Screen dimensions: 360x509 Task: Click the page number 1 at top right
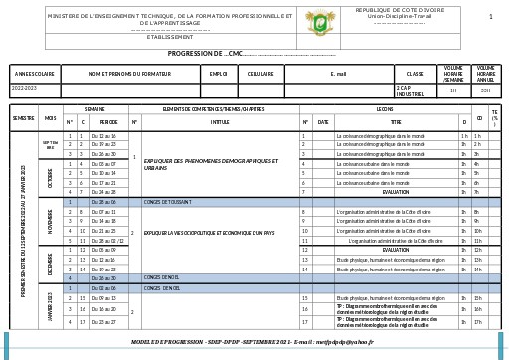tap(490, 17)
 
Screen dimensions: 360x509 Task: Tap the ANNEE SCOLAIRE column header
tap(35, 74)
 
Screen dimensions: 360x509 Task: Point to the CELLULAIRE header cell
tap(260, 74)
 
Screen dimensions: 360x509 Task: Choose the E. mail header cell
tap(338, 74)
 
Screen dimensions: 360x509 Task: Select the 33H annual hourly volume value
tap(485, 90)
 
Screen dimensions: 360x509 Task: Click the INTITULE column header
tap(220, 122)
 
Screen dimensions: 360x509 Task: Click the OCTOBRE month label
tap(50, 177)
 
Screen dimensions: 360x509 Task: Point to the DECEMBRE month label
tap(50, 265)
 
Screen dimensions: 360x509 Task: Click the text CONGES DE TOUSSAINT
tap(168, 202)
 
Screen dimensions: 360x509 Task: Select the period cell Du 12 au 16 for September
tap(103, 136)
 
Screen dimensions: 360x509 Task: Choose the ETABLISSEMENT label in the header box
tap(170, 38)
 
